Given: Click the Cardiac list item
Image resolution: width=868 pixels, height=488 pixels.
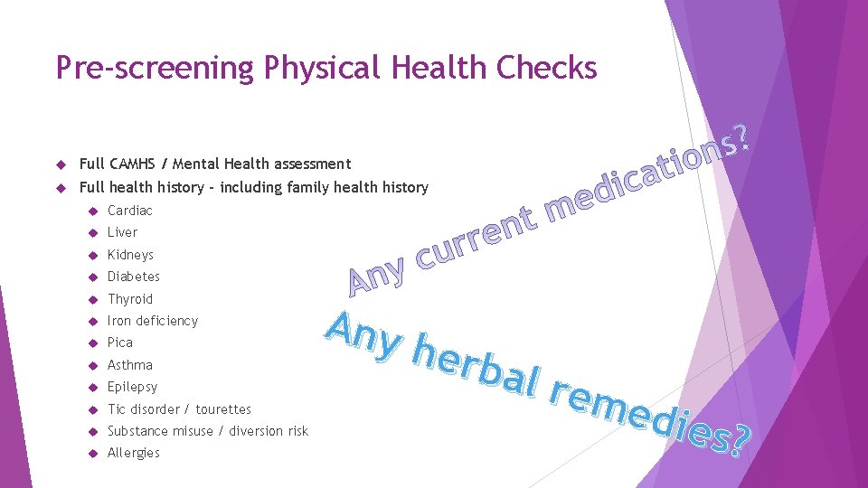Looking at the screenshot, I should coord(129,211).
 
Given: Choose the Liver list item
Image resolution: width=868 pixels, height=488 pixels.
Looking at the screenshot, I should coord(122,232).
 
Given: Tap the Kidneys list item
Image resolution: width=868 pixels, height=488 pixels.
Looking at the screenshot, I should coord(130,255).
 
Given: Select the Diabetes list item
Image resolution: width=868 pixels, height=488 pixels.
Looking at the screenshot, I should coord(133,277).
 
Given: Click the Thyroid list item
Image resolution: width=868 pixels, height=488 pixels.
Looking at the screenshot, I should coord(130,299).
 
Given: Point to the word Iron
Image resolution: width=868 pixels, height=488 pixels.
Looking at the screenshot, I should coord(119,321).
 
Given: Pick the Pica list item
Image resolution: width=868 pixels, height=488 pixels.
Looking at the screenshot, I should coord(119,343).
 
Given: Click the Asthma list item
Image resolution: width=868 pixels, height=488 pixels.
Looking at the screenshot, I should coord(129,365).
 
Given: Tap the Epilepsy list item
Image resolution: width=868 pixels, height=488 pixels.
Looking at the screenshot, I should coord(132,387).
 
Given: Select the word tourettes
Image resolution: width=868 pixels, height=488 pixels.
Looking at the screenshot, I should coord(223,409).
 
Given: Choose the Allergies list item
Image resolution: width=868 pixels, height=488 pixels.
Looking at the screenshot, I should coord(133,453).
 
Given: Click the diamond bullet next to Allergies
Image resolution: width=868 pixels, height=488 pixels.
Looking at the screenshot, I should coord(92,454).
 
